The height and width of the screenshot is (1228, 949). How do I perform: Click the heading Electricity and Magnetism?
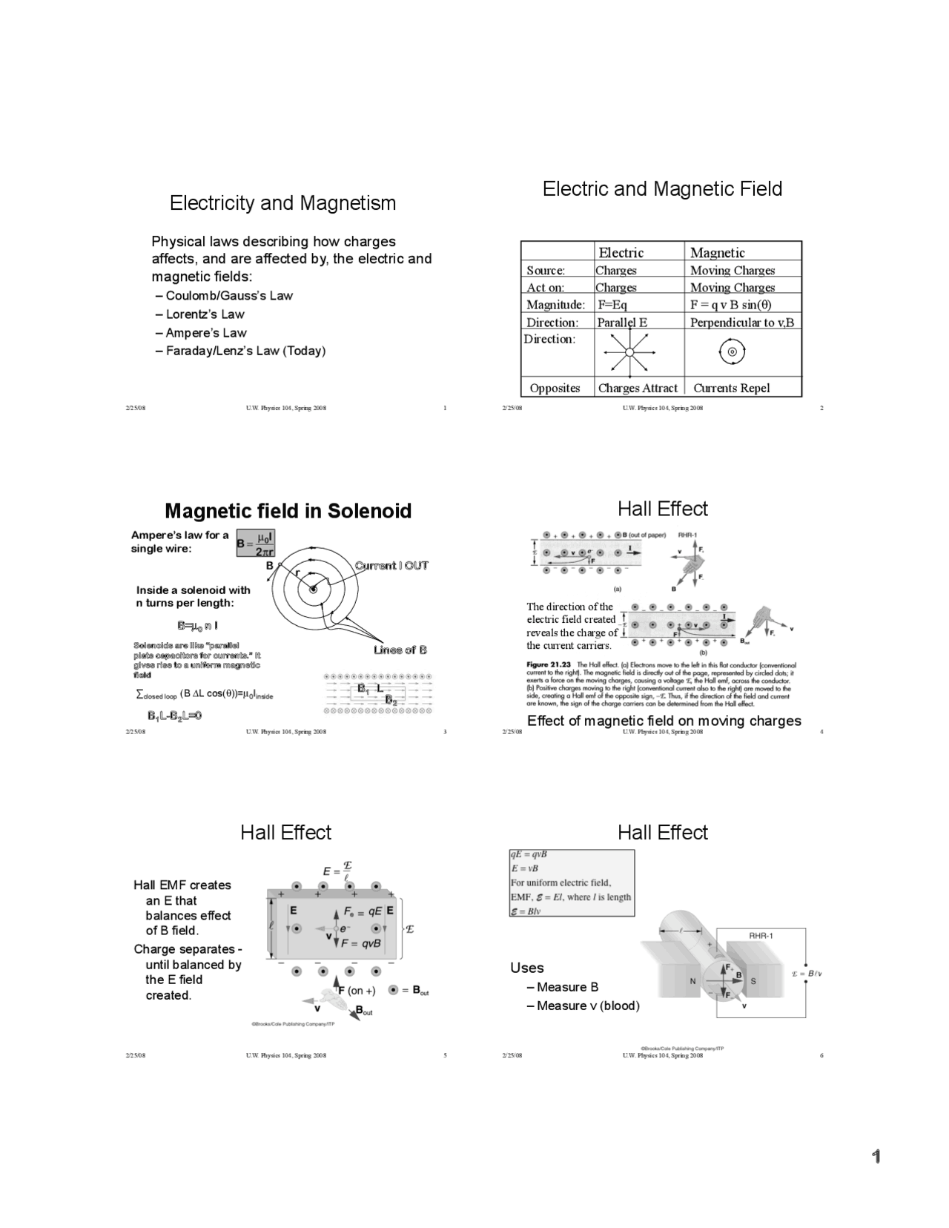coord(282,203)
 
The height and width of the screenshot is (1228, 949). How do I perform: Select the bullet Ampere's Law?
coord(205,333)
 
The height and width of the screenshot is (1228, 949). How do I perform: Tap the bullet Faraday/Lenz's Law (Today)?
coord(245,351)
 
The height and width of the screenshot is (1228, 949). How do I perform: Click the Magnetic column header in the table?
coord(717,252)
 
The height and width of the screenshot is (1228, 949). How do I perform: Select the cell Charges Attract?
coord(638,388)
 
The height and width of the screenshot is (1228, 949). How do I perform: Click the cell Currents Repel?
coord(731,388)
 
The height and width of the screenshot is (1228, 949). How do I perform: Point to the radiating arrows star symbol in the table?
coord(629,352)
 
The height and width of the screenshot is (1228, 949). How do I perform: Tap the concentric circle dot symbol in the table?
coord(732,352)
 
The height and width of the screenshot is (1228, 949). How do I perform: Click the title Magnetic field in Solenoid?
coord(288,511)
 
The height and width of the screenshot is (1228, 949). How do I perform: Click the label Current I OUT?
coord(391,566)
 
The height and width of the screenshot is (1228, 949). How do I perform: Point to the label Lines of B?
coord(400,650)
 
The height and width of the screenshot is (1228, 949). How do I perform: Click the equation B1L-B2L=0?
coord(174,716)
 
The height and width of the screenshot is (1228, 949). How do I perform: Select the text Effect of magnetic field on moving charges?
coord(664,721)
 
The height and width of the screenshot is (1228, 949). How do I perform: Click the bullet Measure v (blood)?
coord(587,1006)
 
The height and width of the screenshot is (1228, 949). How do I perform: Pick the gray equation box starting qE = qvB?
coord(571,882)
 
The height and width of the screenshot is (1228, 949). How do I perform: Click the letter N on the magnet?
coord(693,981)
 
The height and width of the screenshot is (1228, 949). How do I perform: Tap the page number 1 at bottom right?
coord(876,1157)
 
